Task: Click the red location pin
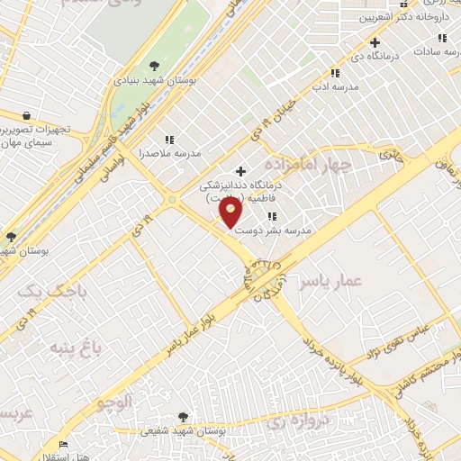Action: click(230, 212)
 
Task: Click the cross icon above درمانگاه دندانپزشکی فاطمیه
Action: click(240, 171)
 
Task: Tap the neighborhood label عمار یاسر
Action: click(333, 284)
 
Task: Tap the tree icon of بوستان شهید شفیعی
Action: click(184, 417)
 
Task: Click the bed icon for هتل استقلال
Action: click(62, 445)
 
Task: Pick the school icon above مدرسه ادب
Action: click(335, 73)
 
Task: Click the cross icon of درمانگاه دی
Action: click(375, 42)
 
